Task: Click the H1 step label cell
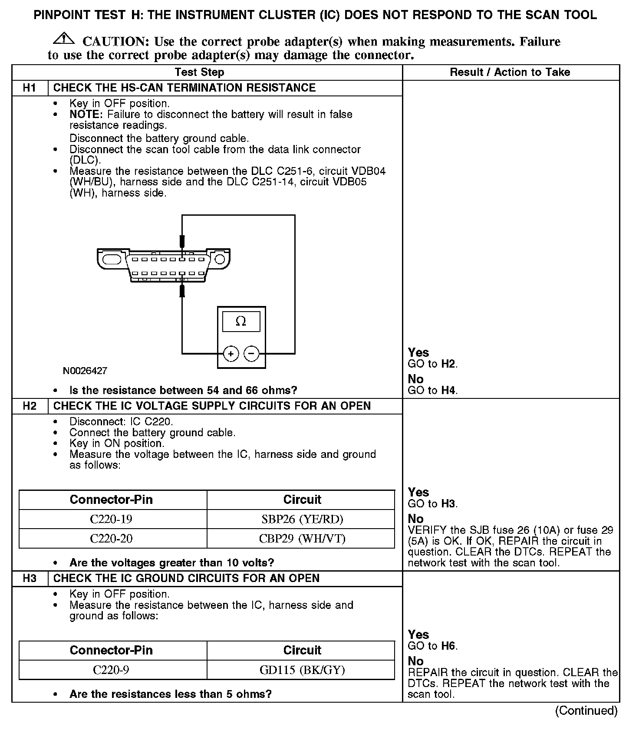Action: click(x=30, y=88)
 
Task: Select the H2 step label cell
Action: click(x=30, y=406)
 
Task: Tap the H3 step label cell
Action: click(x=30, y=579)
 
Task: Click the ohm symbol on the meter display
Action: click(x=241, y=321)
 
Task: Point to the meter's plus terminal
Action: click(x=231, y=354)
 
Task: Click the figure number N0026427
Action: click(x=85, y=371)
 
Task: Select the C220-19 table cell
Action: click(x=111, y=519)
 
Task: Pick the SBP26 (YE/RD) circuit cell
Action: click(x=302, y=519)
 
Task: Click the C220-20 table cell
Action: click(x=111, y=539)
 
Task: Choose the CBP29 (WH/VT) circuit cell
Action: click(x=302, y=539)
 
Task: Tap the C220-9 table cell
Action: click(x=111, y=670)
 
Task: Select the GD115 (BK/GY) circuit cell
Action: click(x=302, y=670)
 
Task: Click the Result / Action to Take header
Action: click(x=510, y=72)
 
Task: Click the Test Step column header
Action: click(x=199, y=72)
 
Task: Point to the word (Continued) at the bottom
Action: click(x=586, y=710)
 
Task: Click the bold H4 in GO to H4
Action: click(x=449, y=391)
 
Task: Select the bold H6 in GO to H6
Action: click(x=449, y=646)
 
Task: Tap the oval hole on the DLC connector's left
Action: click(x=112, y=260)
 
